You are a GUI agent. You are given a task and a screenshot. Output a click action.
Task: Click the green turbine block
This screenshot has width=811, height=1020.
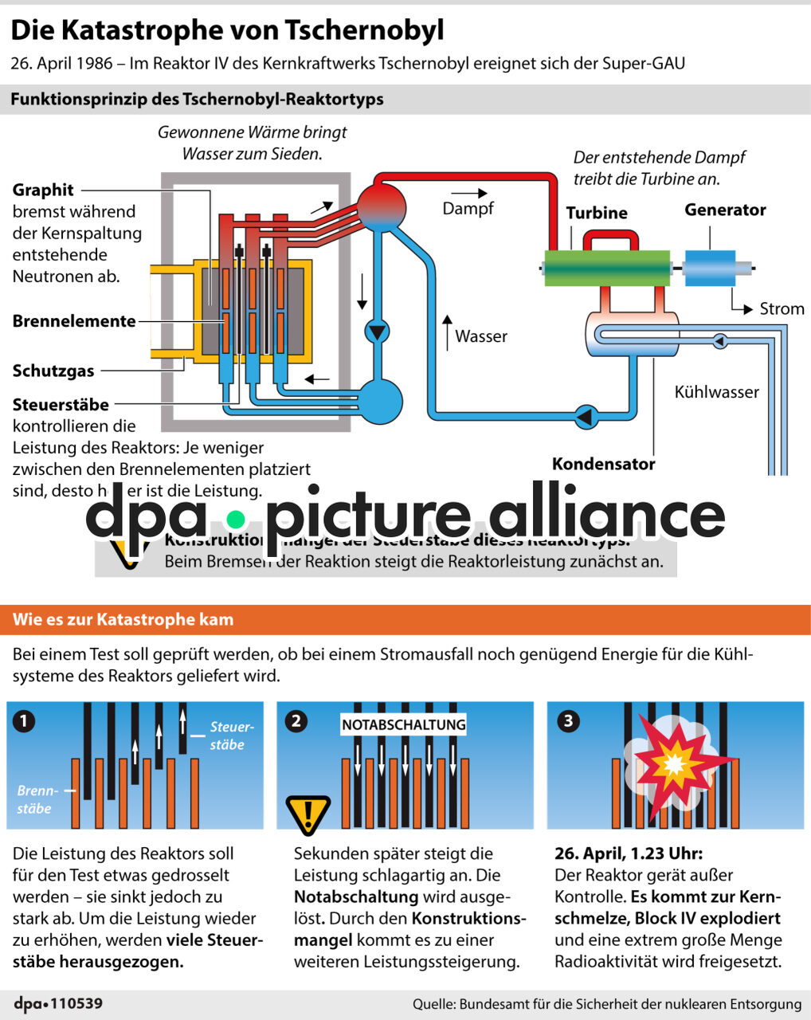tap(606, 268)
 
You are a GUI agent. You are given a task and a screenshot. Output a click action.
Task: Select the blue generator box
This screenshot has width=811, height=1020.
tap(709, 268)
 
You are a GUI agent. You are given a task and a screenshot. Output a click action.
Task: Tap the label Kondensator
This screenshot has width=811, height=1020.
tap(603, 464)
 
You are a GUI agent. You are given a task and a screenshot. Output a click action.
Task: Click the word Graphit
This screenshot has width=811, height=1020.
tap(43, 190)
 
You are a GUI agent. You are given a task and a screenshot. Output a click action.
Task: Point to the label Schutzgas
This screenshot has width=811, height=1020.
tap(53, 371)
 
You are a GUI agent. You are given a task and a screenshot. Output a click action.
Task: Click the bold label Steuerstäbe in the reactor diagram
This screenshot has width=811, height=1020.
tap(61, 404)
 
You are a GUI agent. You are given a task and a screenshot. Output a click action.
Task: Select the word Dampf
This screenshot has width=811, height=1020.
tap(468, 209)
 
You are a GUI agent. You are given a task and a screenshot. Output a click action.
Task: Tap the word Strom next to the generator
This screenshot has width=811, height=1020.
tap(782, 308)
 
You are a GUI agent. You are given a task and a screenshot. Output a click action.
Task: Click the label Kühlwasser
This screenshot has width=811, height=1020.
tap(716, 391)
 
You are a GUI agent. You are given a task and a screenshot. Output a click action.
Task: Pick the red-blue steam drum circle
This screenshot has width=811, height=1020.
tap(381, 206)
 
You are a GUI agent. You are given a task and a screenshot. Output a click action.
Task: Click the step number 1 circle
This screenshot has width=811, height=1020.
tap(25, 721)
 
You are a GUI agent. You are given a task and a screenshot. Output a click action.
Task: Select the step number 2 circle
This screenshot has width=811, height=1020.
tap(296, 721)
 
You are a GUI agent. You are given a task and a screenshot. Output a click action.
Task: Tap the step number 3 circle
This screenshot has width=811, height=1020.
tap(568, 721)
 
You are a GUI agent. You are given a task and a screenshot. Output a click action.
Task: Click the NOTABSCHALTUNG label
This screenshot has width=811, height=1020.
tap(403, 724)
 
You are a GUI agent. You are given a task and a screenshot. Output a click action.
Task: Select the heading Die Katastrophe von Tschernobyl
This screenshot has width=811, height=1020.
tap(227, 30)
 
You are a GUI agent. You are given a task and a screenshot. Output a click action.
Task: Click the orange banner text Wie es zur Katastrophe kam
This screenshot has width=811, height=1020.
tap(123, 619)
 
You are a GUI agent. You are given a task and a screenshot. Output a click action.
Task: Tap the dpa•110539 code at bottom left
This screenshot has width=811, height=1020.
tap(58, 1003)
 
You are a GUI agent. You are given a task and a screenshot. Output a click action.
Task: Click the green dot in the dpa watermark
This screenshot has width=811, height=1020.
tap(235, 520)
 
